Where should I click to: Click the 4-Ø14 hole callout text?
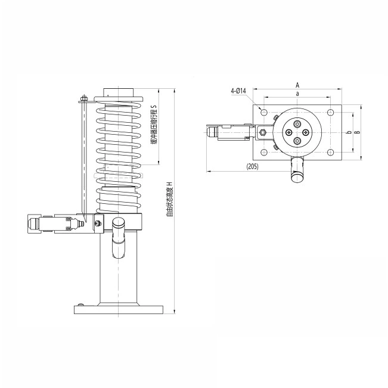[238, 91]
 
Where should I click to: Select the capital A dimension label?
[297, 85]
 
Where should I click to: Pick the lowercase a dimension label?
[297, 94]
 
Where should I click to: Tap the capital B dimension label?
[357, 132]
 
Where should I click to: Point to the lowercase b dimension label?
[349, 132]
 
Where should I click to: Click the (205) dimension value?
[252, 166]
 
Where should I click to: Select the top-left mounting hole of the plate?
[264, 113]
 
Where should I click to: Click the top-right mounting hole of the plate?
[330, 113]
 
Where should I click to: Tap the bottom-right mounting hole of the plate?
[330, 152]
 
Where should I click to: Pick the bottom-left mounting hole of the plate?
[264, 152]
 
